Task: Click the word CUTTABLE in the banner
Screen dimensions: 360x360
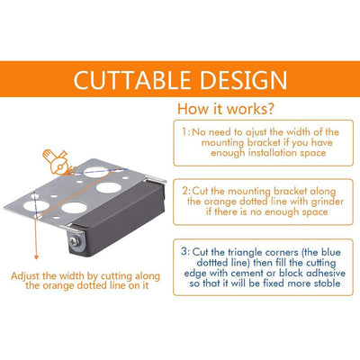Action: pos(132,80)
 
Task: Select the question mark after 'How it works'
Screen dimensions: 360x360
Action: pos(269,109)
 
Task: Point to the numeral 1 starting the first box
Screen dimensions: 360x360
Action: pos(184,132)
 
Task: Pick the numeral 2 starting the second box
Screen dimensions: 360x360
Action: pos(185,191)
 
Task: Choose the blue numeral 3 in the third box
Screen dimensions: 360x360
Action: pos(184,251)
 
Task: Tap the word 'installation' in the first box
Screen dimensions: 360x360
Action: pos(273,153)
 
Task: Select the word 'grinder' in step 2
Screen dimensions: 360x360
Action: pos(327,202)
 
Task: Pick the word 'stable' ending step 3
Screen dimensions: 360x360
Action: pos(328,283)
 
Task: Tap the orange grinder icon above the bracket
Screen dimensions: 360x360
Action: pos(57,162)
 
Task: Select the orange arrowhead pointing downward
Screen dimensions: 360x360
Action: pos(36,256)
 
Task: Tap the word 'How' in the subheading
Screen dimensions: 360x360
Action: pos(189,109)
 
